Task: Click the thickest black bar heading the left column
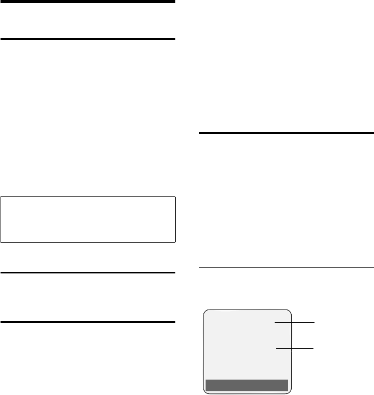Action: tap(88, 2)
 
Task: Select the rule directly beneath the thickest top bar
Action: tap(88, 39)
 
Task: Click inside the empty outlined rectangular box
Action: tap(88, 220)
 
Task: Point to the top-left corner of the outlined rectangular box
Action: tap(1, 197)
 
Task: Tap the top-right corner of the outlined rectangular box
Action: tap(175, 197)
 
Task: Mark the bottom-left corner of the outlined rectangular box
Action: tap(1, 242)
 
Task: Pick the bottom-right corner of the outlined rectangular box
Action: tap(175, 242)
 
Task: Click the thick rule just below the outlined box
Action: tap(88, 273)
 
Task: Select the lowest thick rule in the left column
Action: tap(88, 322)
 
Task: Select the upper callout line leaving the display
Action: tap(294, 322)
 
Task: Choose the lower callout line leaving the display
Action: tap(294, 348)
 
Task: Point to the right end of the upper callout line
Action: tap(314, 322)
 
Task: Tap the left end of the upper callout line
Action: tap(275, 322)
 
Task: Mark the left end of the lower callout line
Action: tap(276, 348)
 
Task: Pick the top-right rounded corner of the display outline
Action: tap(290, 311)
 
